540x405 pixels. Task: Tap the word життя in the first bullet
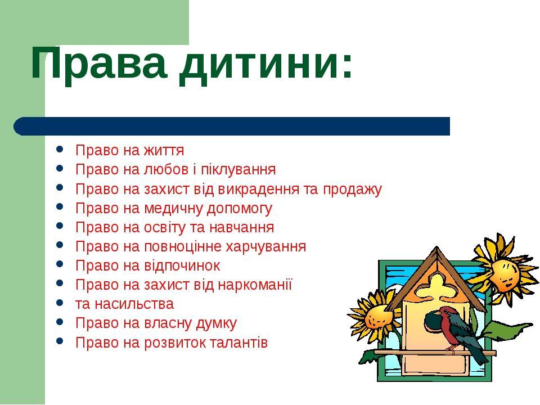pyautogui.click(x=164, y=151)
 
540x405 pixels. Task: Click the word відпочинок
pyautogui.click(x=182, y=266)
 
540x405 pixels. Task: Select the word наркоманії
pyautogui.click(x=255, y=285)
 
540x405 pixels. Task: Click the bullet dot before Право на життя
pyautogui.click(x=60, y=150)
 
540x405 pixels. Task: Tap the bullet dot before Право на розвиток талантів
pyautogui.click(x=60, y=341)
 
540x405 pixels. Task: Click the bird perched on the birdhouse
pyautogui.click(x=454, y=332)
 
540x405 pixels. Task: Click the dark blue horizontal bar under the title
pyautogui.click(x=232, y=126)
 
